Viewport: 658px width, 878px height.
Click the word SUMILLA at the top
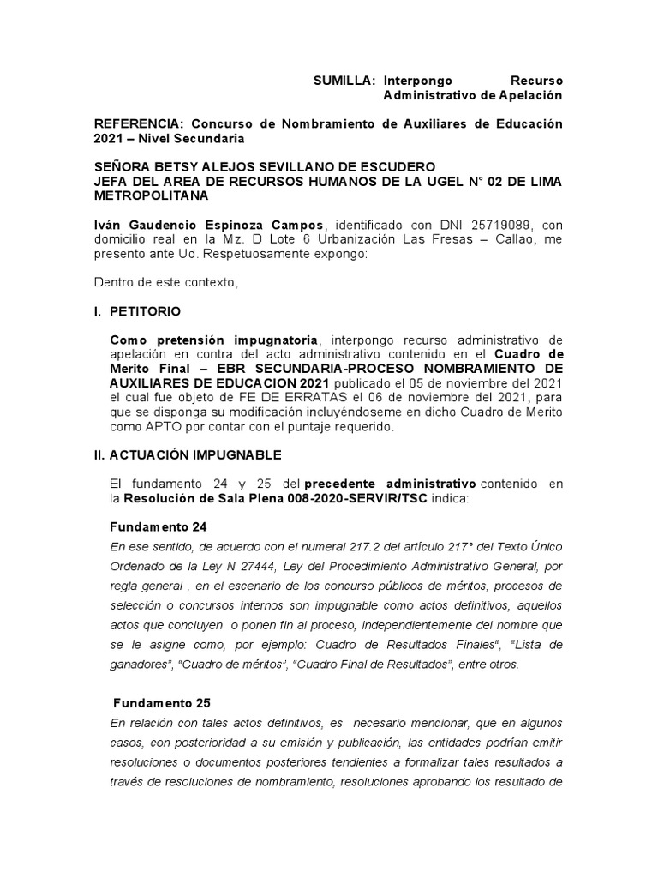click(x=343, y=80)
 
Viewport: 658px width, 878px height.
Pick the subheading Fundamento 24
click(x=159, y=526)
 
